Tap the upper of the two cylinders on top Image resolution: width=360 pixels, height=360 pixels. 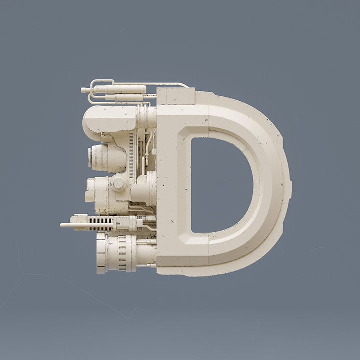(119, 89)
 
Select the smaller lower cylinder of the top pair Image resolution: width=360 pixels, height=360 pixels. (124, 98)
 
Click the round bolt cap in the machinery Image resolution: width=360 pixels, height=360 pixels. (118, 182)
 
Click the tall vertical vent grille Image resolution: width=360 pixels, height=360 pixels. (131, 155)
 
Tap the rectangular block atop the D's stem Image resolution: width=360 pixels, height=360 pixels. (176, 96)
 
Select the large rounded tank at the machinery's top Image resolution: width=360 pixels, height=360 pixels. (109, 119)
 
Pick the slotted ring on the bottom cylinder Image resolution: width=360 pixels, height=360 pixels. (122, 253)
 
